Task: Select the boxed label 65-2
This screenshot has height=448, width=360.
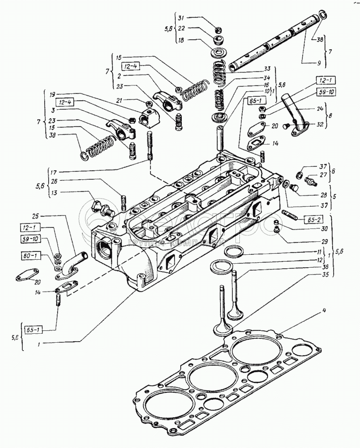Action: [x=299, y=219]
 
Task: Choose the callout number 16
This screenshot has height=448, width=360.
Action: [x=266, y=85]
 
